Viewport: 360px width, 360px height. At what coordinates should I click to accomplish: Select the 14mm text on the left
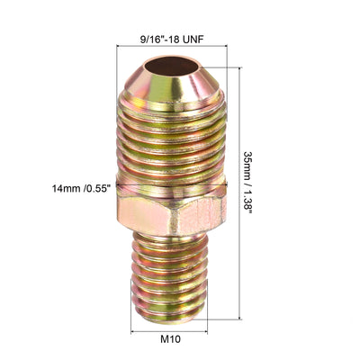click(x=65, y=188)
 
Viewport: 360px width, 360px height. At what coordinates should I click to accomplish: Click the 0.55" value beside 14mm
click(x=96, y=188)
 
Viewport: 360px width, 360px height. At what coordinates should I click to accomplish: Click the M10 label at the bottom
click(x=170, y=342)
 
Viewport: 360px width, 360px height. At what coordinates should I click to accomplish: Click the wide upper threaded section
click(x=169, y=144)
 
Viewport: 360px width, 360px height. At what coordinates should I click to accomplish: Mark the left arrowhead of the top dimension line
click(x=119, y=51)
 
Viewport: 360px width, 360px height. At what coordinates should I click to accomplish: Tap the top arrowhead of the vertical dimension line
click(x=239, y=66)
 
